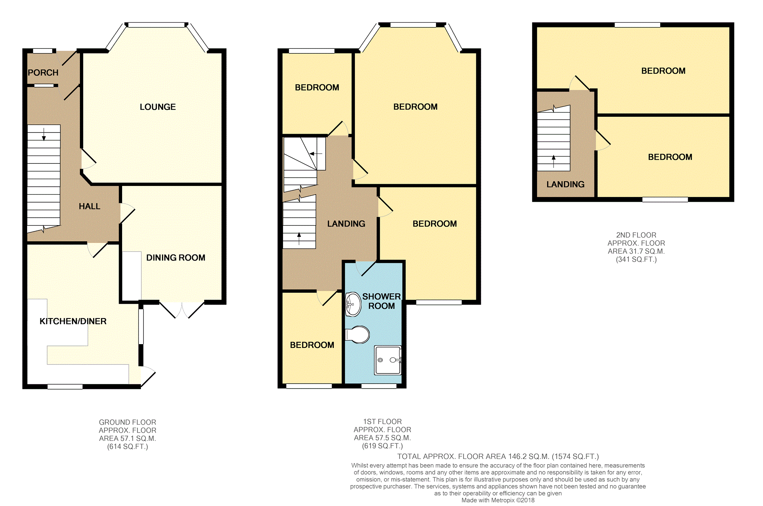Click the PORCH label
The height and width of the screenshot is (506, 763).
(43, 73)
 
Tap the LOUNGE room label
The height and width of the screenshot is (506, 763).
(157, 107)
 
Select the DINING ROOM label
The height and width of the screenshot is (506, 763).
(176, 258)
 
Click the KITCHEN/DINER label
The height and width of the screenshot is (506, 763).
(73, 321)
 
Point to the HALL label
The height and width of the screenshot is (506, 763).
(89, 206)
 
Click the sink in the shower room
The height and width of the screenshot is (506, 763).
(353, 304)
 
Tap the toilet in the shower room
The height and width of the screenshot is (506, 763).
(358, 334)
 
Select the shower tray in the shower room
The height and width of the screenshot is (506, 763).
(388, 360)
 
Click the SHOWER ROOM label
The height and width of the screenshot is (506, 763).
(381, 301)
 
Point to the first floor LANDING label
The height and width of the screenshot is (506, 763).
(346, 224)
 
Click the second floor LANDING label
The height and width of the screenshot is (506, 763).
(565, 184)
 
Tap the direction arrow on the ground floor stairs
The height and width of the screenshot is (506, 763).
(44, 134)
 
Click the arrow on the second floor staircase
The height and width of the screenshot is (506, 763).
(554, 161)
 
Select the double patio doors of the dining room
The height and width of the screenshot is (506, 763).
(182, 309)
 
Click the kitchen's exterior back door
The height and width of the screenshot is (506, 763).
(147, 376)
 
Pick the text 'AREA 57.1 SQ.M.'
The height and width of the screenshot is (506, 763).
(127, 439)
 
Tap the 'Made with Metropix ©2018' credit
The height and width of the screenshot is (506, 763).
(498, 500)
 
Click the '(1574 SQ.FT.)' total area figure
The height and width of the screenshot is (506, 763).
(575, 457)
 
